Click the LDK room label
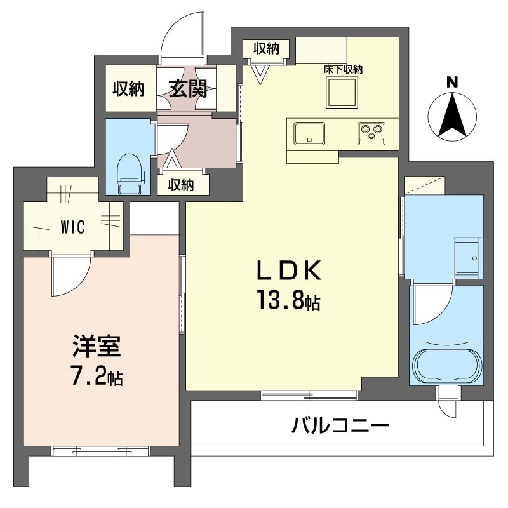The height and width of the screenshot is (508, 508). click(x=289, y=271)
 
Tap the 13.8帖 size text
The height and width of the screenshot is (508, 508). click(x=289, y=300)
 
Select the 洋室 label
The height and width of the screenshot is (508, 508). click(x=97, y=346)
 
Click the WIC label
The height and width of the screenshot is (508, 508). click(x=73, y=227)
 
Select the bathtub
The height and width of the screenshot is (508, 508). click(x=447, y=366)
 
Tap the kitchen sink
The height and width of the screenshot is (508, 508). click(x=309, y=133)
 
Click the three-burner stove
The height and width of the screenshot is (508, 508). click(x=371, y=133)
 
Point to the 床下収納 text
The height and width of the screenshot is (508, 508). click(x=343, y=70)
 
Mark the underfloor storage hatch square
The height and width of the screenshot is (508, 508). click(x=342, y=93)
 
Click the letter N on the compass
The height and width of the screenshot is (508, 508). click(x=452, y=82)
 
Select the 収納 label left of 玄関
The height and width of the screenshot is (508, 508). click(x=128, y=88)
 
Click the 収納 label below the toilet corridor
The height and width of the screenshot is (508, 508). click(x=181, y=185)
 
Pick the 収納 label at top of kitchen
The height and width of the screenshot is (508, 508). click(x=266, y=49)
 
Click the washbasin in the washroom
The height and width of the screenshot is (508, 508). click(x=467, y=258)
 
